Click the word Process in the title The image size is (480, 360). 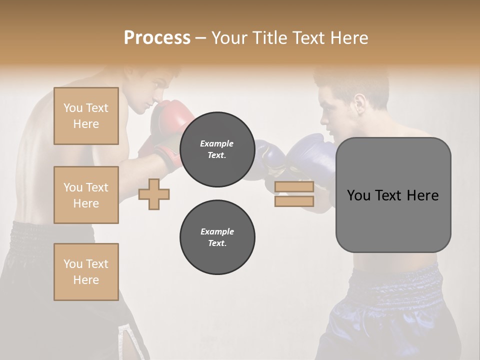[157, 37]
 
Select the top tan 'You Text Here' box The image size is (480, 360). [86, 116]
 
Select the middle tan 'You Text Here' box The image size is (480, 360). [86, 195]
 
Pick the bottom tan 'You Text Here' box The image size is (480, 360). [86, 271]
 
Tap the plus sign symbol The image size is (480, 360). [154, 194]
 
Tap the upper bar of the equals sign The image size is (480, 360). [294, 187]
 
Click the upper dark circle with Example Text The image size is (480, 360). [217, 149]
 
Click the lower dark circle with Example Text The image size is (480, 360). [217, 237]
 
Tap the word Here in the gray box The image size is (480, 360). [422, 195]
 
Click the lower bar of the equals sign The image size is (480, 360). [294, 201]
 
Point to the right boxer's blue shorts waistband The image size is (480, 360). [395, 280]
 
